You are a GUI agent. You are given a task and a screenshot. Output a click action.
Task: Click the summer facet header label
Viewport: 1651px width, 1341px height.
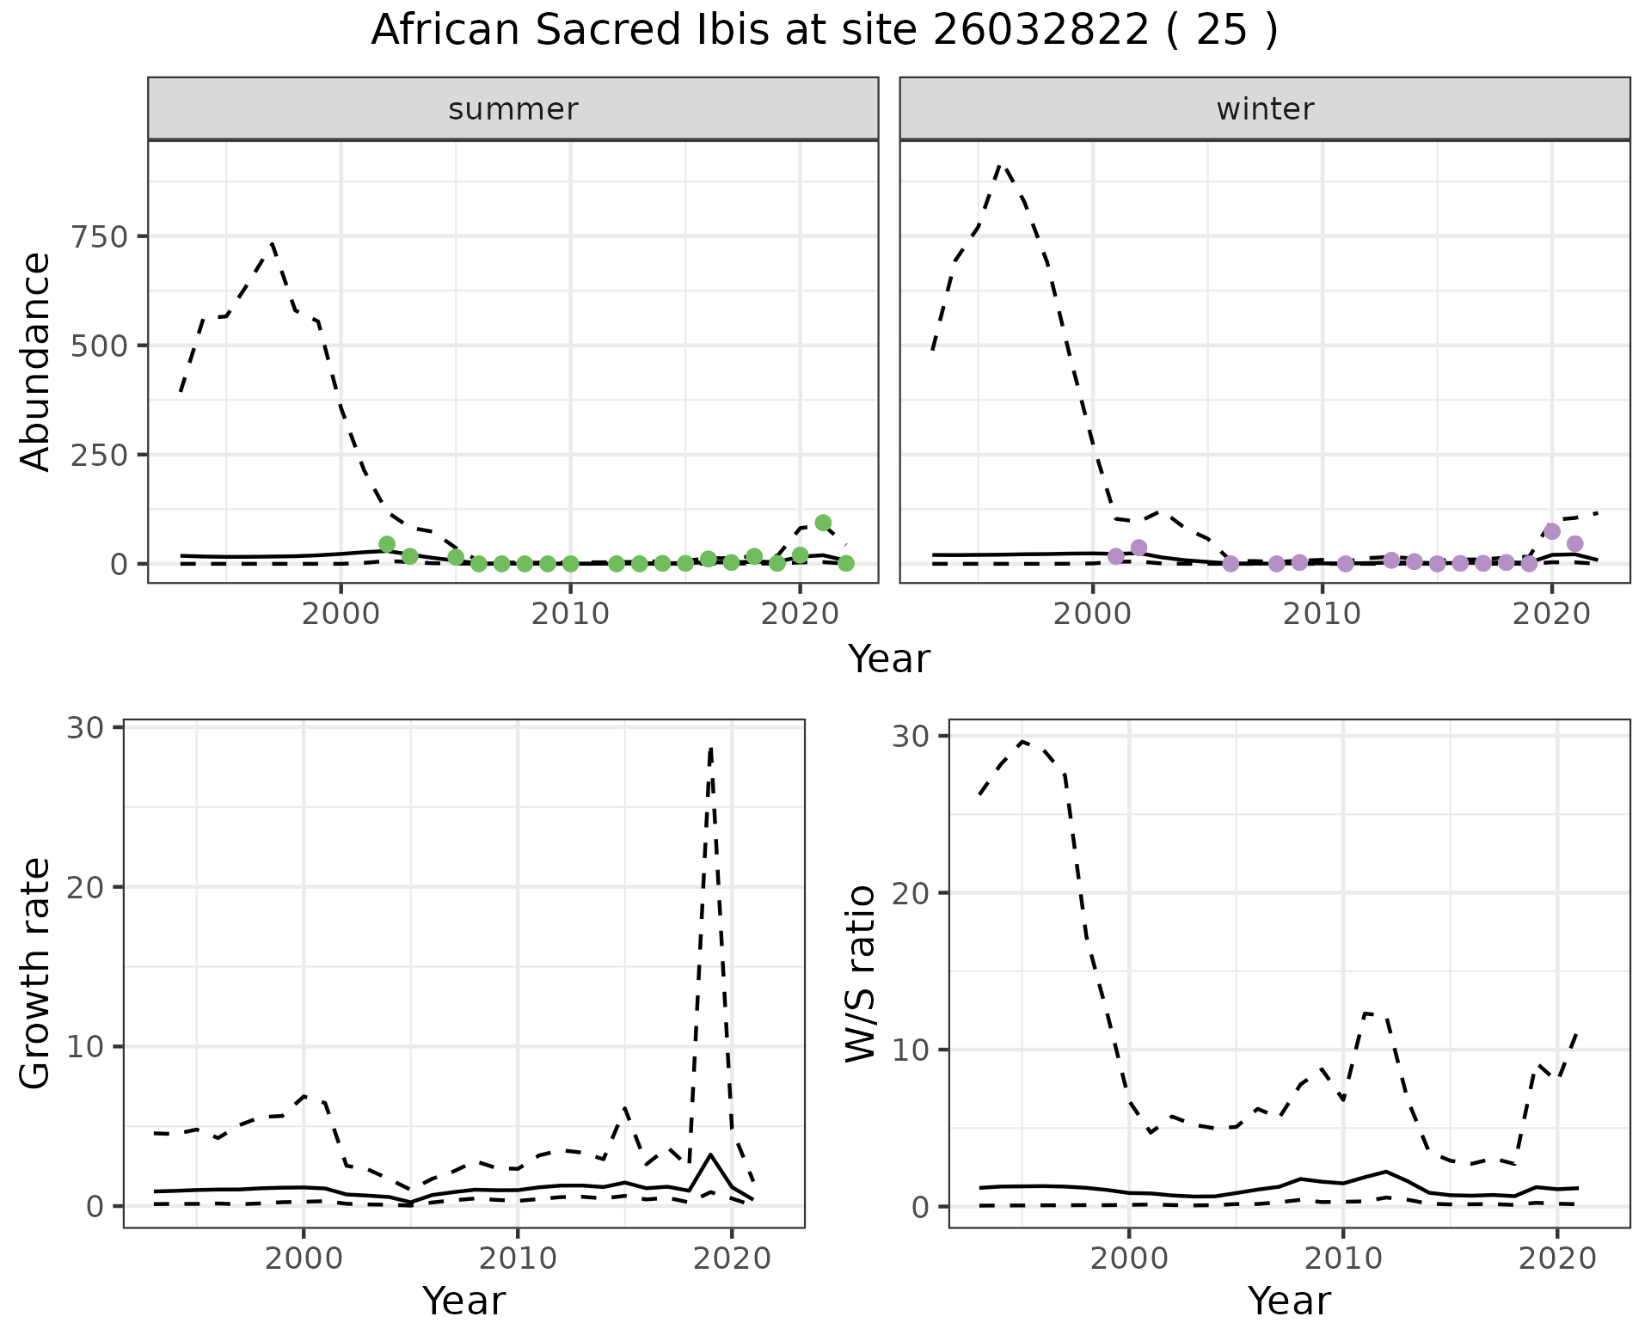[513, 109]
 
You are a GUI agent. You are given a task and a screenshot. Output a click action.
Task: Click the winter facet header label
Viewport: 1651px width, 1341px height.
[1265, 109]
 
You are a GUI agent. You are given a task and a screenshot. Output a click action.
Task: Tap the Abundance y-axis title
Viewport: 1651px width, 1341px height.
[36, 361]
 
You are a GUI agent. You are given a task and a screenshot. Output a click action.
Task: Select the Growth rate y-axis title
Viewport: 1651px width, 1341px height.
[36, 973]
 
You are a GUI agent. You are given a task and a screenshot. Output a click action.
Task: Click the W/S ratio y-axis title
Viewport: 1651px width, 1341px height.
[861, 973]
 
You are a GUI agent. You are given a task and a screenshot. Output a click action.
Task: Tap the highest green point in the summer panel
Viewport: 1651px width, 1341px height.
[823, 523]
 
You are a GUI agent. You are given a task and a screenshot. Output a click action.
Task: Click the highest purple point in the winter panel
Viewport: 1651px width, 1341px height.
[1552, 531]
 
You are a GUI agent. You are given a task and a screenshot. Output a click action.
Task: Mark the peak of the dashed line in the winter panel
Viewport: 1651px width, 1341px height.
[1000, 164]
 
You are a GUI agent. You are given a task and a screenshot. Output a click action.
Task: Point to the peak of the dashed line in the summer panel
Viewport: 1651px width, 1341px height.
[272, 244]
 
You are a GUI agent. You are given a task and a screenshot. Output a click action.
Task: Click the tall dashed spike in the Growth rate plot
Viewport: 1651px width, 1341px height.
[710, 750]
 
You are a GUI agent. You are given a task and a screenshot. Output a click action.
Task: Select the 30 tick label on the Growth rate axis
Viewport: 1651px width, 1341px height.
[83, 728]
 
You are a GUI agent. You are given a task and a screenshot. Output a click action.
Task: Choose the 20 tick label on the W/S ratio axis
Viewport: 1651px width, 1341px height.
[909, 893]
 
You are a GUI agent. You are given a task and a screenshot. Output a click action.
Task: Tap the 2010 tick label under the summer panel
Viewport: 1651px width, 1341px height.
[570, 615]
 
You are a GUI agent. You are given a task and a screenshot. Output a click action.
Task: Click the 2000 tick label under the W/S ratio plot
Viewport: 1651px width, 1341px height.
[1129, 1258]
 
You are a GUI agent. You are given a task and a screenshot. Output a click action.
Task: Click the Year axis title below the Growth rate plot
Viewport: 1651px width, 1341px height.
[463, 1301]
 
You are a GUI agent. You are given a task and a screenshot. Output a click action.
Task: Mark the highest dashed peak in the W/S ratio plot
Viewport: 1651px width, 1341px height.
[1022, 741]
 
